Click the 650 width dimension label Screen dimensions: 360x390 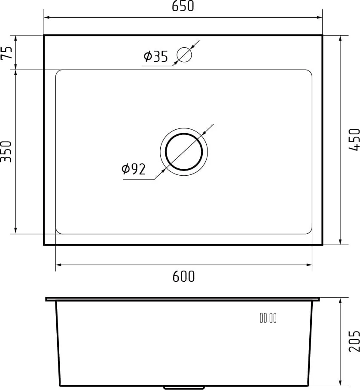click(x=183, y=6)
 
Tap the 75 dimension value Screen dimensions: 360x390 click(x=6, y=52)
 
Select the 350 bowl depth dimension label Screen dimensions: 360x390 click(x=6, y=152)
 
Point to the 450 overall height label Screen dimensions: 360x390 click(x=354, y=140)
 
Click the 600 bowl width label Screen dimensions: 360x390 click(x=183, y=276)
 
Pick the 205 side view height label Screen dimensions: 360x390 click(x=354, y=341)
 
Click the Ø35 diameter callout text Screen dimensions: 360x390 click(x=156, y=56)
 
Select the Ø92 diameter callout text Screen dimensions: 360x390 click(x=134, y=169)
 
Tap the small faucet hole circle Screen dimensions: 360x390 click(x=184, y=55)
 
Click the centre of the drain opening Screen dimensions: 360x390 click(x=184, y=152)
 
